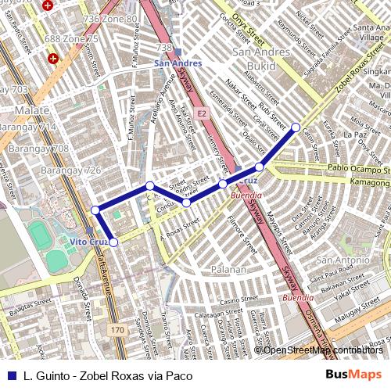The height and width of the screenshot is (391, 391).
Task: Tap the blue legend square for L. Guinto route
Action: point(10,375)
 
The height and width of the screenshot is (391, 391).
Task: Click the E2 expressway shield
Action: point(201,114)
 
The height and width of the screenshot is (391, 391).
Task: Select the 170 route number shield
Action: point(117,331)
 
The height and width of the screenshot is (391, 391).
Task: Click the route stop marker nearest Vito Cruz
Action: point(113,242)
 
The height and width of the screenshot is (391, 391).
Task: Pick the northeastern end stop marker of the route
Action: point(296,127)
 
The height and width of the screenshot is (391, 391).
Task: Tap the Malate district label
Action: point(31,111)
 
